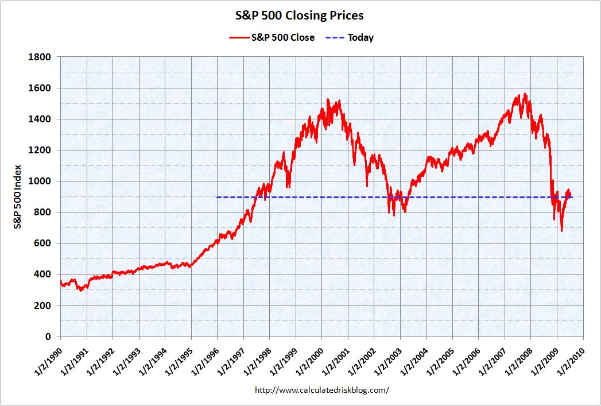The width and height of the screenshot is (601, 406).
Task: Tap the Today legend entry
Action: [x=350, y=38]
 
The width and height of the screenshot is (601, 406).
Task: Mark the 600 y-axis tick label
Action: [x=44, y=243]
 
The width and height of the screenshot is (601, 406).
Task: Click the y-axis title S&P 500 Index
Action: [x=18, y=197]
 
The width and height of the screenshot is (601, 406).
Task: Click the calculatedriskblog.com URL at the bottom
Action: [x=321, y=390]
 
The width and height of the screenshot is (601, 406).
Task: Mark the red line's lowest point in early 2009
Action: [x=561, y=231]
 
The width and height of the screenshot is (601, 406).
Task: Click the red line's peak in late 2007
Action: [x=525, y=94]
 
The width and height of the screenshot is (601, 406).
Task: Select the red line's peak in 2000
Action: [x=328, y=99]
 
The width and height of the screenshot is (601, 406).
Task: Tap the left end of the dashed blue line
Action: [x=218, y=198]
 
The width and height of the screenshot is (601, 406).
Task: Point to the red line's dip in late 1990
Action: [x=81, y=290]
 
